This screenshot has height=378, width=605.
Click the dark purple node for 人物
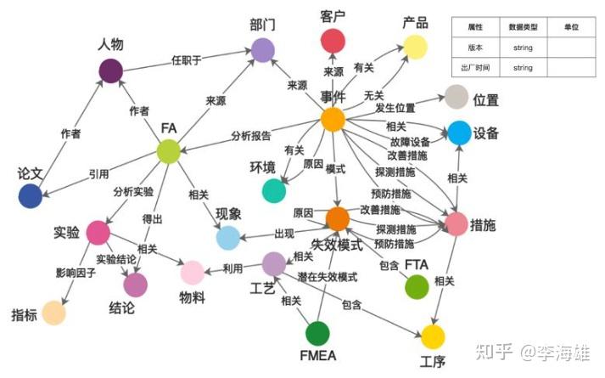(111, 71)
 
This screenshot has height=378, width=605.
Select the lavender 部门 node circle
(263, 50)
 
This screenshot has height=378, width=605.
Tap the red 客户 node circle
(333, 41)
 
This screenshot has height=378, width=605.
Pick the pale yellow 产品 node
(415, 47)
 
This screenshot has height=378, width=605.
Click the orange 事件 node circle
(333, 120)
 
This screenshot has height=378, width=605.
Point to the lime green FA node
(169, 151)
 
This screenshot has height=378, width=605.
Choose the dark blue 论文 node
(30, 195)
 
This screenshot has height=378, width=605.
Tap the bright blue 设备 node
(459, 133)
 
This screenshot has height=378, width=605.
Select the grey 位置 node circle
(457, 97)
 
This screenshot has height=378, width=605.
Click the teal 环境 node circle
(274, 191)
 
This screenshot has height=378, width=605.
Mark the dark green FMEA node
(317, 333)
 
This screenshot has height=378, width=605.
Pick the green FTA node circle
(417, 287)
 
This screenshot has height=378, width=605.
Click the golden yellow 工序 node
(433, 336)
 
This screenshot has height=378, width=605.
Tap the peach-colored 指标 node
(54, 313)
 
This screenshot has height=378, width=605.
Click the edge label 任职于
(187, 60)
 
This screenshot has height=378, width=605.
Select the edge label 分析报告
(251, 136)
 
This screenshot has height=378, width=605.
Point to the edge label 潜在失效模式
(328, 276)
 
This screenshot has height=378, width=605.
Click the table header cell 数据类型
(524, 27)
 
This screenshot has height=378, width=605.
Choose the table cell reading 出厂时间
(475, 68)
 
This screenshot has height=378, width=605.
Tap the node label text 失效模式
(337, 245)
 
